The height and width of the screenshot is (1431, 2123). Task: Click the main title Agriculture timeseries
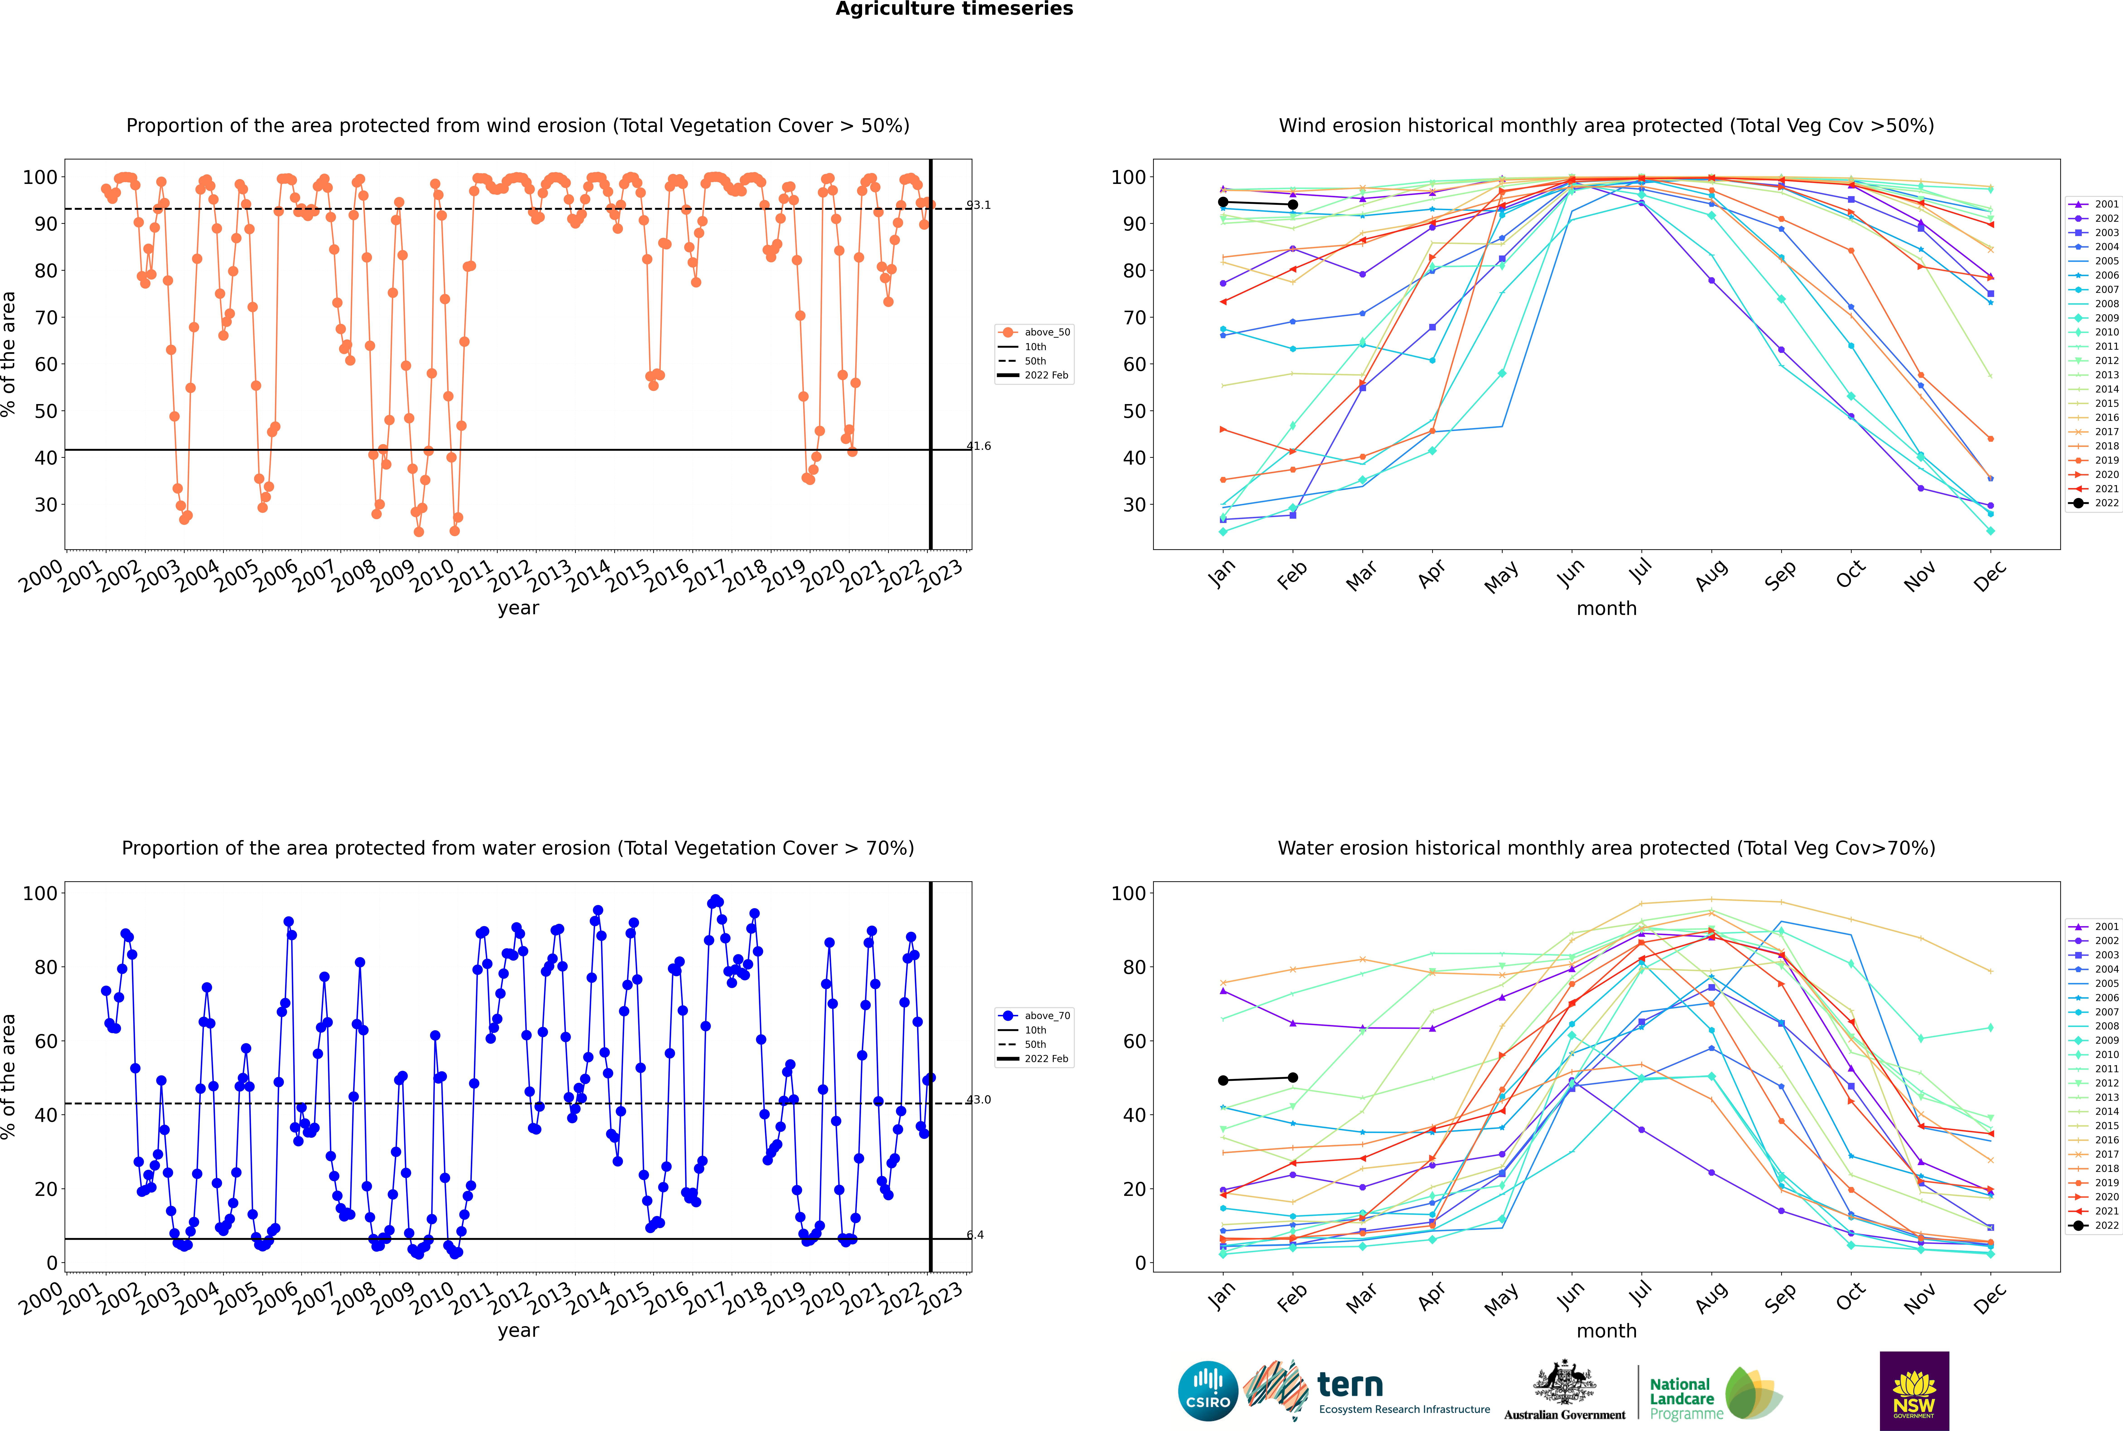click(x=954, y=9)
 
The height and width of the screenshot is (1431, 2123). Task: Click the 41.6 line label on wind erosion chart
click(x=978, y=446)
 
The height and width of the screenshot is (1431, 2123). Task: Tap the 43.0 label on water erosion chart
click(x=978, y=1100)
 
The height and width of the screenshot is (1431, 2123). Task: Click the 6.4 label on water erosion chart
click(x=975, y=1235)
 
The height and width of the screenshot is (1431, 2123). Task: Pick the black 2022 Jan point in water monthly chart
click(x=1223, y=1081)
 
